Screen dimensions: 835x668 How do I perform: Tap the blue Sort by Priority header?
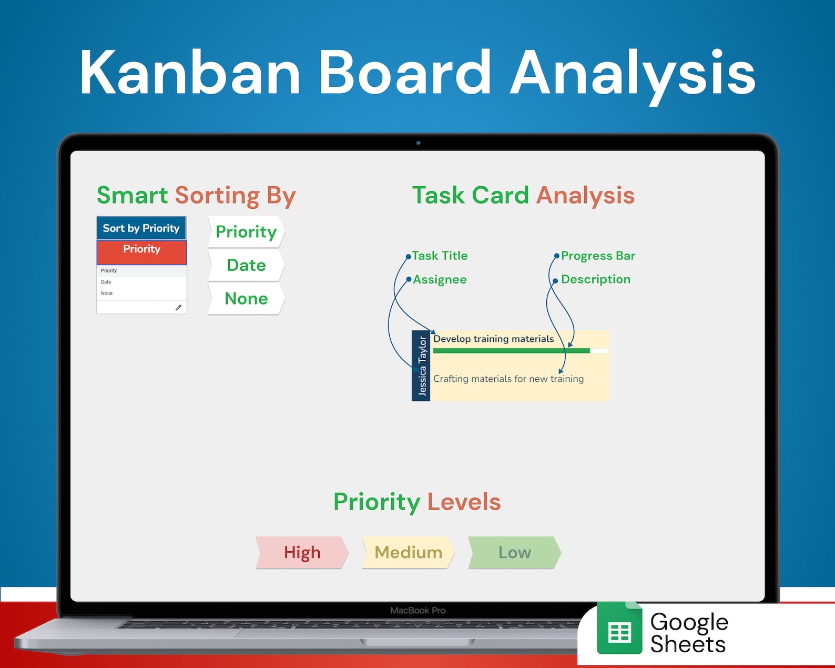141,228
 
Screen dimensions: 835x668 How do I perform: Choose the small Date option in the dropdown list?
106,282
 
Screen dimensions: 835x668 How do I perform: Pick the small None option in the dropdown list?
107,293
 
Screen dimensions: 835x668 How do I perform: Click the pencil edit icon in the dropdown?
178,307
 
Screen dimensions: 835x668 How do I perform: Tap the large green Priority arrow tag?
246,232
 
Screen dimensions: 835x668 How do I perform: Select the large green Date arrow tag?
246,265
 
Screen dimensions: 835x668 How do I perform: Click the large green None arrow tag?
246,298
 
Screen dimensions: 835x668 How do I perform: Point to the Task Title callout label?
440,256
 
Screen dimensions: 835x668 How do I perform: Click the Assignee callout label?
440,279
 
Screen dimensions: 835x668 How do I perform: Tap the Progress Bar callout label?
598,256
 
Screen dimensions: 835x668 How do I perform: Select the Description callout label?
596,279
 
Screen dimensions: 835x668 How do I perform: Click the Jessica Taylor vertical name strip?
421,366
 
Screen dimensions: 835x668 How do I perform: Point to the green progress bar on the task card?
512,351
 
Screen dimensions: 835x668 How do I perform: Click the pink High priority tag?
302,552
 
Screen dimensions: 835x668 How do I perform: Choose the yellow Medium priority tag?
408,552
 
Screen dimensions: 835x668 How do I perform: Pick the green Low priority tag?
514,552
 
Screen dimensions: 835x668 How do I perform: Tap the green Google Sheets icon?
619,628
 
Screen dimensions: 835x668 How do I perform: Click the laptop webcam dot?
418,143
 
